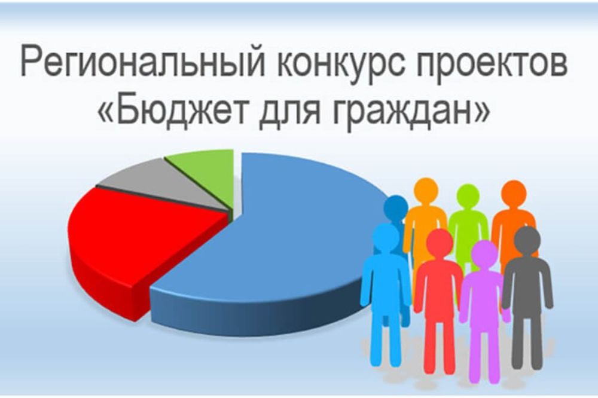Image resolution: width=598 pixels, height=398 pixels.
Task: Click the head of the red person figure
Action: click(x=440, y=243)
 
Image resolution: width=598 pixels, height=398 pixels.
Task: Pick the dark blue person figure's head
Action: click(x=395, y=207)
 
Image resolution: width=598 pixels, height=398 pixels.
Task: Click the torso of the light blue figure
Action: click(x=385, y=281)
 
